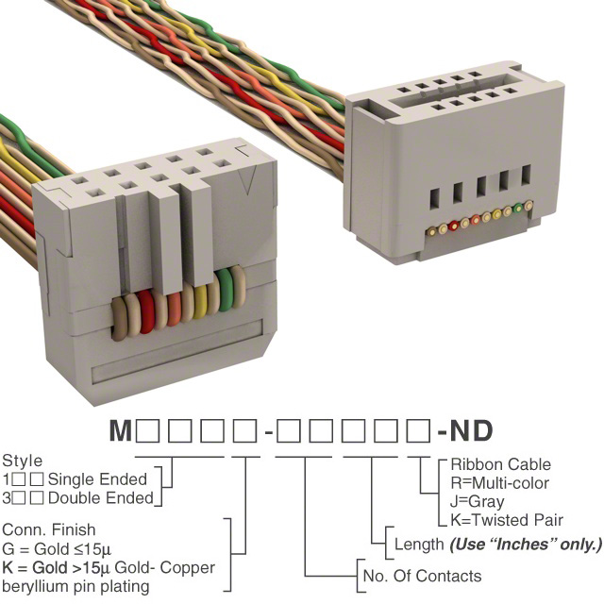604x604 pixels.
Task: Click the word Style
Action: [22, 461]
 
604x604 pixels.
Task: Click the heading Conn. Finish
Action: [49, 531]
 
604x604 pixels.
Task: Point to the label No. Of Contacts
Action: [422, 576]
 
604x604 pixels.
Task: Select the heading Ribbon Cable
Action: [500, 464]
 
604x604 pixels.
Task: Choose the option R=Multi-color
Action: [500, 482]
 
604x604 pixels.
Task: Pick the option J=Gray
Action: [477, 501]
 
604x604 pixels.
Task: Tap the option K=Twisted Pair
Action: [507, 520]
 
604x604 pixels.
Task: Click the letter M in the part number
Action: [121, 432]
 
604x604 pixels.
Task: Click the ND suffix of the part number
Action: [473, 432]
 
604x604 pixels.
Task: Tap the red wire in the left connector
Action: [147, 310]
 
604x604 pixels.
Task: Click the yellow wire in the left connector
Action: [201, 302]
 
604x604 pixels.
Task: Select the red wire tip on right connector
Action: [455, 226]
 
